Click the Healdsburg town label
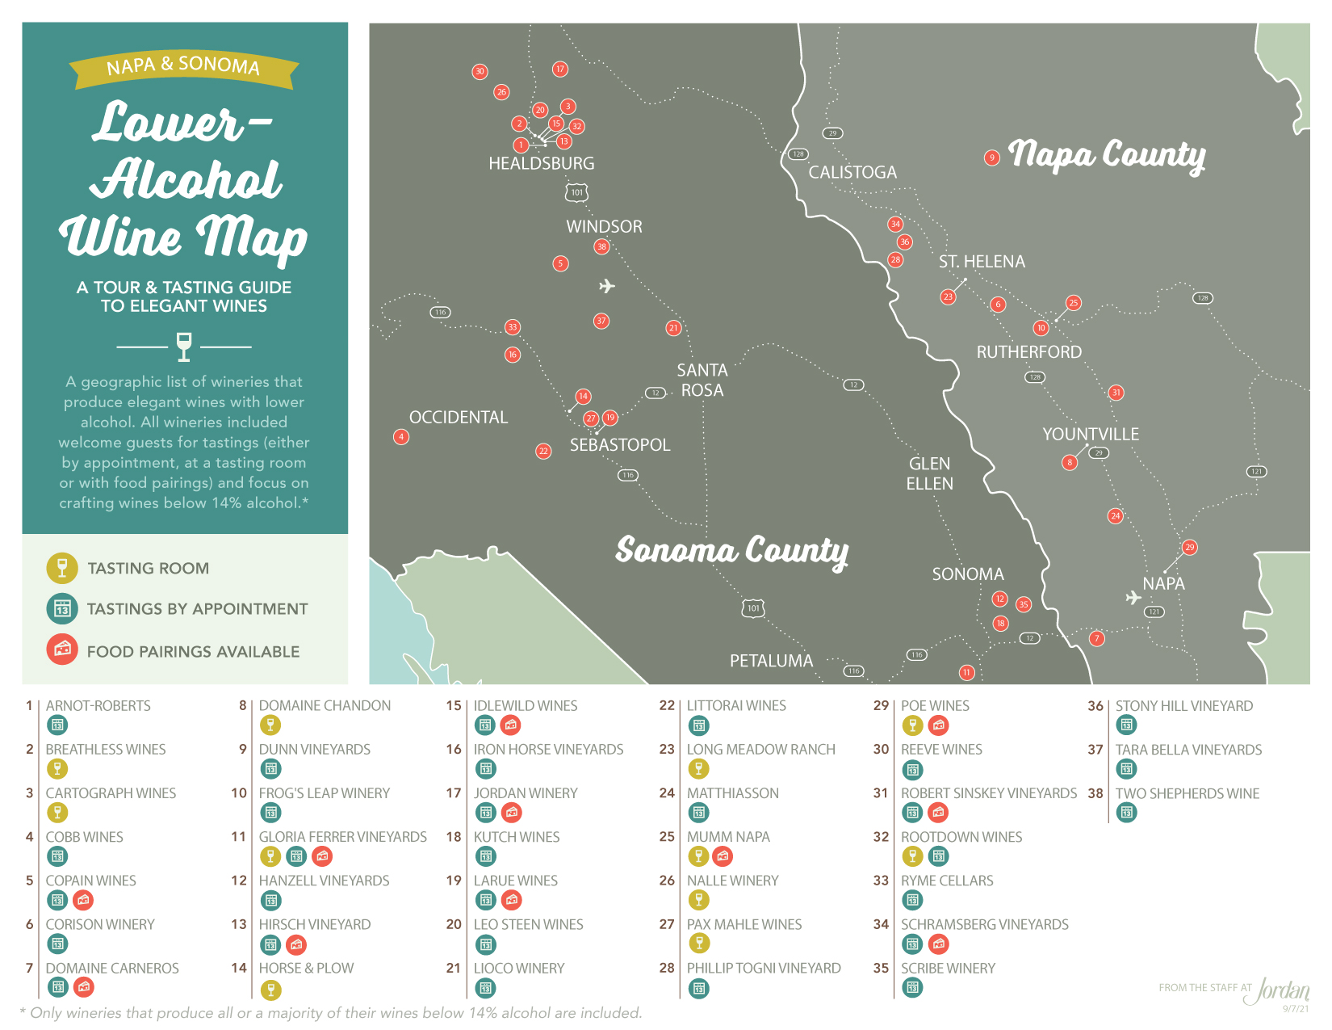(541, 163)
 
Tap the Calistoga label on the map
(852, 172)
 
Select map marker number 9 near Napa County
(992, 158)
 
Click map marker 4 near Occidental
(401, 436)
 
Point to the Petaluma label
(771, 661)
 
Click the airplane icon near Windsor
(607, 286)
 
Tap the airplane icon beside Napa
(1133, 598)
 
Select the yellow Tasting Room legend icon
(62, 568)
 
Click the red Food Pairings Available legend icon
(62, 650)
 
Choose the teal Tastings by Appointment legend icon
(62, 609)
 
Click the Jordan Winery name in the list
(526, 793)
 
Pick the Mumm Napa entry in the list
(728, 837)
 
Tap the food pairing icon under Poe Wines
(938, 725)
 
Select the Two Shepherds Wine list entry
(1187, 793)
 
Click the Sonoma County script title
(731, 551)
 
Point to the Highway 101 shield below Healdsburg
(576, 192)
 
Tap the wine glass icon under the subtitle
(184, 346)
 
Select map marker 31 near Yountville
(1116, 393)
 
